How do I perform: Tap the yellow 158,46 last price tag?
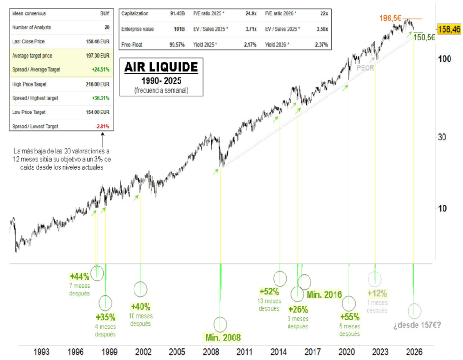449,29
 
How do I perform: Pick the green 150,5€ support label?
424,37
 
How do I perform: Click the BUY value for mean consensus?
105,14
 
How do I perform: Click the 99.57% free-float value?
177,45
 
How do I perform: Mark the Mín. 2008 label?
223,337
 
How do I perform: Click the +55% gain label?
349,317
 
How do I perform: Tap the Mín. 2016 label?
324,294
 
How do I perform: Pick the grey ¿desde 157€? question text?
416,325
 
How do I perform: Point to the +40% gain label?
141,307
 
